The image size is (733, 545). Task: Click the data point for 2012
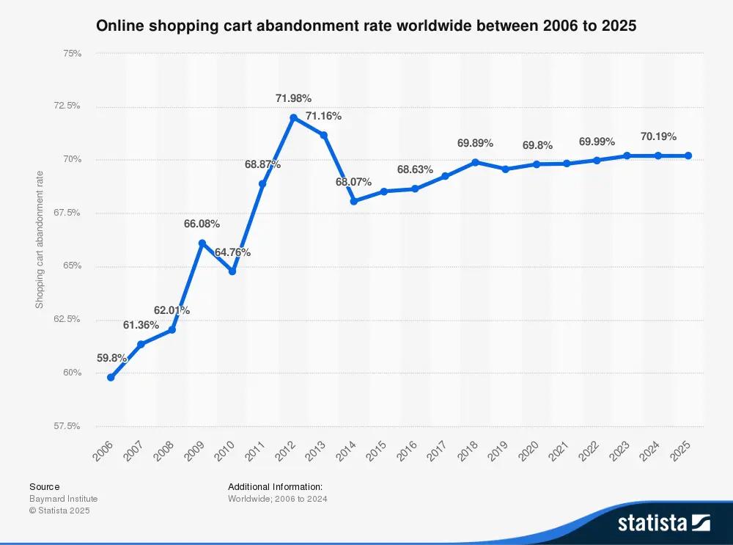(293, 117)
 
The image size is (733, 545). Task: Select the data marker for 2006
(111, 377)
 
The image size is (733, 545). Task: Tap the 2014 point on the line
(353, 201)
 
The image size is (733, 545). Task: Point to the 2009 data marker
(202, 243)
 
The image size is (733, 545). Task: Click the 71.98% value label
(293, 98)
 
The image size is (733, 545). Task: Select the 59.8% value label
(112, 359)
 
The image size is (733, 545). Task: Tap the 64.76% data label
(232, 252)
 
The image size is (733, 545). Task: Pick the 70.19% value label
(658, 136)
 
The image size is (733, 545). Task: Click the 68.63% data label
(415, 169)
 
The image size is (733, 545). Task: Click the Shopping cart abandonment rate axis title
(40, 239)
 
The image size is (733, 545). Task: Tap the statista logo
(663, 522)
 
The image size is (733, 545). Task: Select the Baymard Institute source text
(63, 499)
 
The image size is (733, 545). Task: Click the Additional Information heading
(275, 486)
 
